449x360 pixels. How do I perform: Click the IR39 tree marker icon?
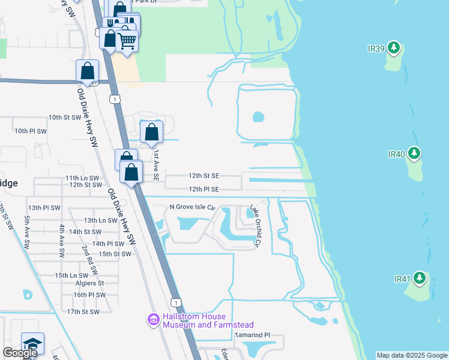point(393,47)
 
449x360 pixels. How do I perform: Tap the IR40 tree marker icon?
point(414,154)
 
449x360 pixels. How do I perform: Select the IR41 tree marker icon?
point(420,278)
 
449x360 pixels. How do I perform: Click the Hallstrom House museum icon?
point(153,320)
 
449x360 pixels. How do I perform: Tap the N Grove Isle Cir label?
point(192,207)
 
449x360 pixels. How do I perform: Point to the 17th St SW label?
point(82,312)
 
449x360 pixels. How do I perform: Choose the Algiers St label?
point(89,283)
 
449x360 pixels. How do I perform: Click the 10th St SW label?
point(64,118)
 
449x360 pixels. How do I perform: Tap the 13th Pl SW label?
point(44,208)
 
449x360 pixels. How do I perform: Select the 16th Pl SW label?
point(89,295)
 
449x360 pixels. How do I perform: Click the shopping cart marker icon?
point(127,40)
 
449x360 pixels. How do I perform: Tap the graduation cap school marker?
point(32,344)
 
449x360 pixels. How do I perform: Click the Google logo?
point(20,353)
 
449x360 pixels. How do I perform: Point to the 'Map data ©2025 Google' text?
point(412,355)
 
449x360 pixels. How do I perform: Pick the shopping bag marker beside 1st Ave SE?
point(151,131)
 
